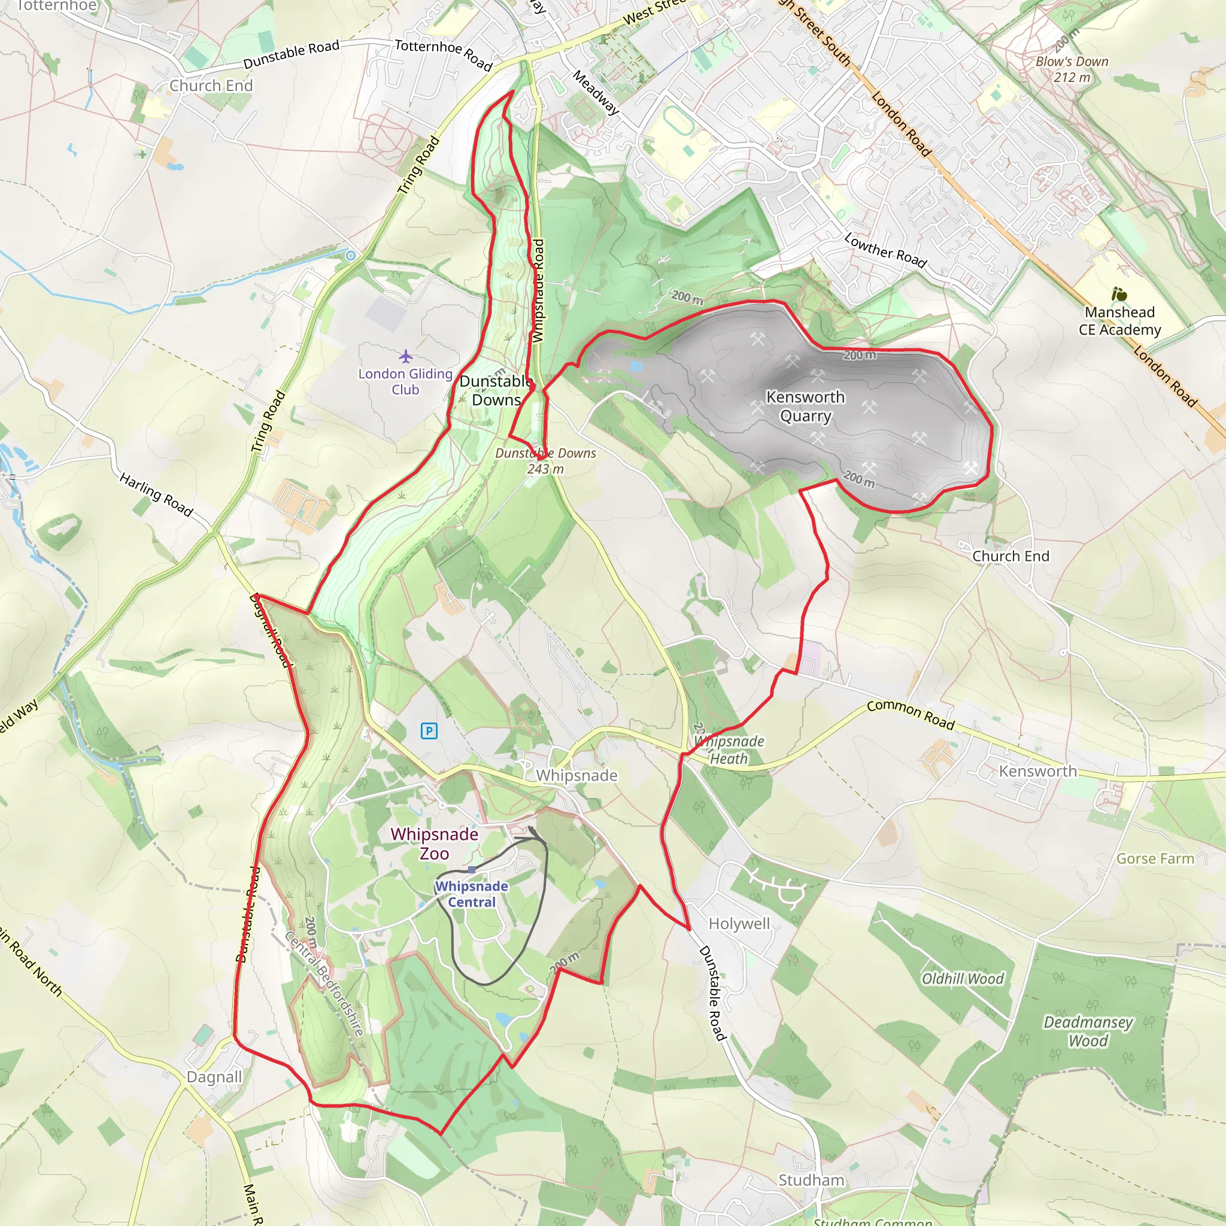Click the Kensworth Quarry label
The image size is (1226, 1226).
click(805, 406)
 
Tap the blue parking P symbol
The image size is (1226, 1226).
click(429, 731)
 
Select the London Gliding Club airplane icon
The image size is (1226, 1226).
click(405, 356)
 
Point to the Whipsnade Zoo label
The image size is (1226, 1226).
click(435, 843)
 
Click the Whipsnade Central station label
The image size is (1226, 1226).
click(472, 894)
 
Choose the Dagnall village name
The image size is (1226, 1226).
click(214, 1077)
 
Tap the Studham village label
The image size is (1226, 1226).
click(812, 1181)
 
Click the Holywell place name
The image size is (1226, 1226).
click(739, 923)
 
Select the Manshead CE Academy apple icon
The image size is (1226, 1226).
click(1119, 295)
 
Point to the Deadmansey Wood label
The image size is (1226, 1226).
click(1088, 1031)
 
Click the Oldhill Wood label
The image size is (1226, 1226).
click(963, 979)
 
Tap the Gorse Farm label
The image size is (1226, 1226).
click(1155, 858)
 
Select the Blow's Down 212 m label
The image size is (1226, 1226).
click(1072, 69)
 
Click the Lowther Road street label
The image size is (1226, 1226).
click(885, 250)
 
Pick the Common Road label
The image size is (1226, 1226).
click(911, 715)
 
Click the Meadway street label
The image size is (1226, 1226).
click(596, 93)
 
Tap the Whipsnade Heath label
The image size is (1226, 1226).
click(729, 749)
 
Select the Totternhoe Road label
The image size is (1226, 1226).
click(444, 54)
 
